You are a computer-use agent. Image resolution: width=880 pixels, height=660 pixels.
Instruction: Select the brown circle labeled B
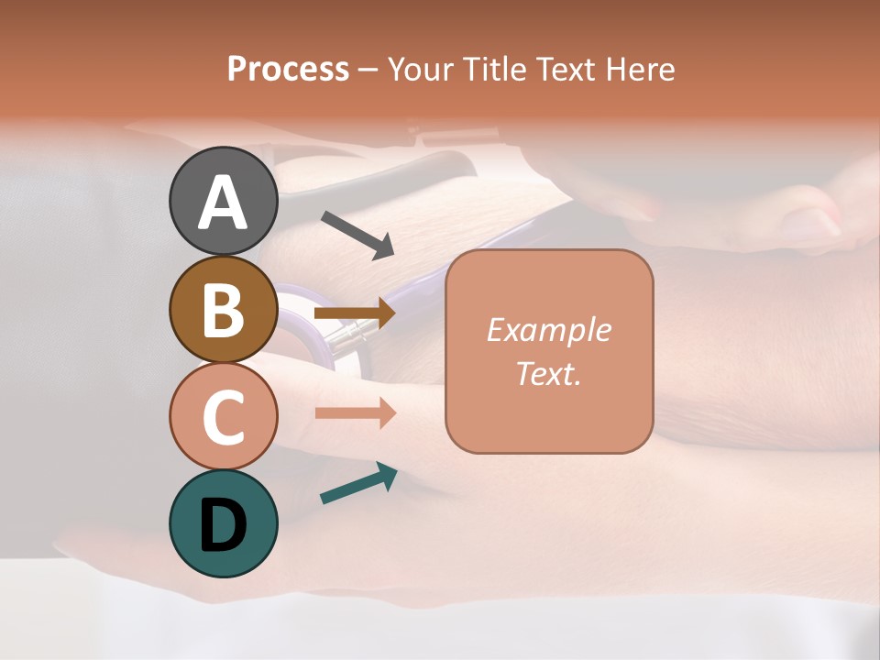click(x=223, y=309)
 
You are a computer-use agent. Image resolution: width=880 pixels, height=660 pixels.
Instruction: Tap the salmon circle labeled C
click(x=223, y=416)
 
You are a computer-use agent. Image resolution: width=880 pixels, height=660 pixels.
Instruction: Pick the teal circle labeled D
click(x=223, y=523)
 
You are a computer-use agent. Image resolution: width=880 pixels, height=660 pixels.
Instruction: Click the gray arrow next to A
click(x=357, y=234)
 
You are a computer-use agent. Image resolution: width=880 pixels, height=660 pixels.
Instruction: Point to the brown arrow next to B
click(x=355, y=313)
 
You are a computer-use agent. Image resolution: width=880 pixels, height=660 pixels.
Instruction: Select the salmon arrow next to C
click(x=355, y=412)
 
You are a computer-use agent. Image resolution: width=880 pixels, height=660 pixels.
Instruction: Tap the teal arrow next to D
click(x=358, y=483)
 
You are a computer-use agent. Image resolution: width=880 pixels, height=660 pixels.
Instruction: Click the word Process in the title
click(x=288, y=69)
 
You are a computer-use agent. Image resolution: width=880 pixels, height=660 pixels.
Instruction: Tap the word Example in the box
click(x=548, y=330)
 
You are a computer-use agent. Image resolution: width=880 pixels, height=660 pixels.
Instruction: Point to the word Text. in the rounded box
click(x=548, y=373)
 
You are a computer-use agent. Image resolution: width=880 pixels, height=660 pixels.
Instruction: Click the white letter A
click(x=223, y=203)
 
